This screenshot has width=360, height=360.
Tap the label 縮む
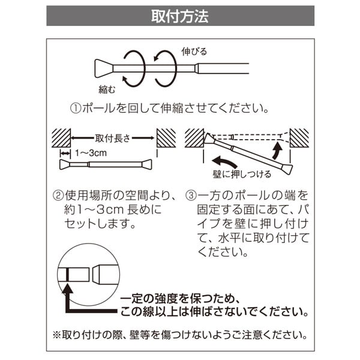108,89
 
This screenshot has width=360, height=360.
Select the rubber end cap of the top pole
100,67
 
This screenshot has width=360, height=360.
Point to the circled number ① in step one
76,109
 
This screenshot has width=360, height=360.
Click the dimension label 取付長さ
113,137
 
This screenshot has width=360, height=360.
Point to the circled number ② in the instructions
58,196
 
